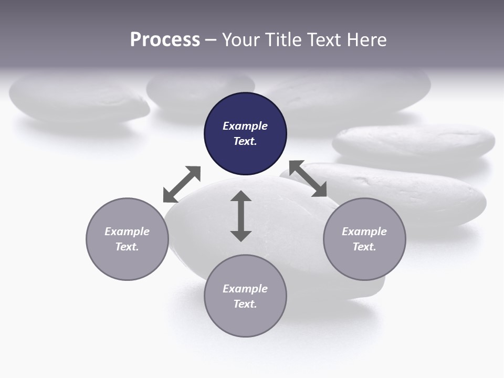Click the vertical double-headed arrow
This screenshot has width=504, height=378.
(x=241, y=216)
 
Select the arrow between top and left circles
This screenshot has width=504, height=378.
(x=182, y=184)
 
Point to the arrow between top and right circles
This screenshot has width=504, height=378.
(x=308, y=178)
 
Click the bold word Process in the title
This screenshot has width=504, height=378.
(x=165, y=40)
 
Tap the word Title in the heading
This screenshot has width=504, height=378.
(x=284, y=40)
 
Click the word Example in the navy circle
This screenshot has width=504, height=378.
(x=245, y=126)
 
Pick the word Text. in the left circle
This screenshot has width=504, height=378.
(x=127, y=247)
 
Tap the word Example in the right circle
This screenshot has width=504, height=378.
(x=364, y=232)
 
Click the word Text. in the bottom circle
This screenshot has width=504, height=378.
(x=245, y=304)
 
